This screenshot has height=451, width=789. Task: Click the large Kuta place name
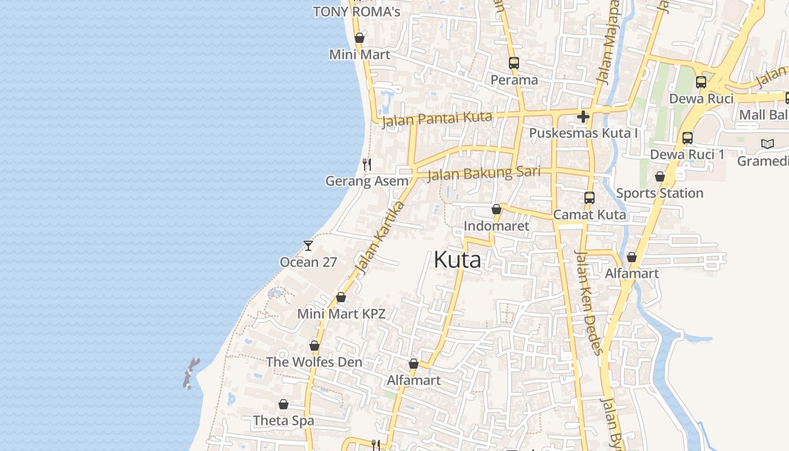pyautogui.click(x=457, y=260)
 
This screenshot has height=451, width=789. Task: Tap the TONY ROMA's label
pyautogui.click(x=356, y=11)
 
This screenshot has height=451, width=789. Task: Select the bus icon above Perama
pyautogui.click(x=513, y=63)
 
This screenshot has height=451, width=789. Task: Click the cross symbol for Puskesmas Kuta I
pyautogui.click(x=583, y=117)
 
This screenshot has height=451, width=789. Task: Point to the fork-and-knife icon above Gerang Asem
pyautogui.click(x=367, y=164)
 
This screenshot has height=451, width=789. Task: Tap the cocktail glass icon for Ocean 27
pyautogui.click(x=308, y=245)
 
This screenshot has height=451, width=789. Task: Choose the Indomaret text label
pyautogui.click(x=496, y=226)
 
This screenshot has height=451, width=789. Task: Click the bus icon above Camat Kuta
pyautogui.click(x=589, y=198)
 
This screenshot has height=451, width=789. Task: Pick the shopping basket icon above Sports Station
pyautogui.click(x=660, y=176)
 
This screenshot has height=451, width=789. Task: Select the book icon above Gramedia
pyautogui.click(x=767, y=144)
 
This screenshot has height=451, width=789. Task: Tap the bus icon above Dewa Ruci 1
pyautogui.click(x=687, y=138)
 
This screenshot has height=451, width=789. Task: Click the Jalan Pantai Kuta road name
pyautogui.click(x=437, y=119)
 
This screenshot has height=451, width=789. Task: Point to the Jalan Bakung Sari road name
pyautogui.click(x=484, y=173)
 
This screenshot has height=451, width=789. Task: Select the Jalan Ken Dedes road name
pyautogui.click(x=589, y=302)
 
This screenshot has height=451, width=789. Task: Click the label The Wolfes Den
pyautogui.click(x=314, y=362)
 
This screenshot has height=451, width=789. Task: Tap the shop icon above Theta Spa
pyautogui.click(x=283, y=404)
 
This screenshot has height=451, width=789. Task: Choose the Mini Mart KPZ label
pyautogui.click(x=341, y=314)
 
